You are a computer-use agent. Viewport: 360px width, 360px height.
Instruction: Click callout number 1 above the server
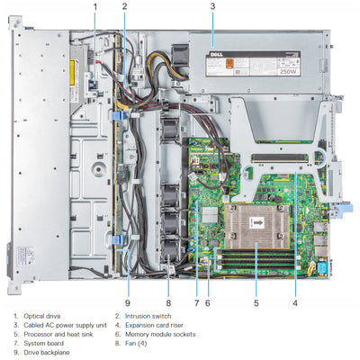[94, 6]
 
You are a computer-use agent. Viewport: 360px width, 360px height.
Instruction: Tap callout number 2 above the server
[124, 6]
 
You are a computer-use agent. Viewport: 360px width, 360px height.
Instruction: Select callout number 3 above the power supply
[212, 6]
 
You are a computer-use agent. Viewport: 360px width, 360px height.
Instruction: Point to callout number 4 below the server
[294, 302]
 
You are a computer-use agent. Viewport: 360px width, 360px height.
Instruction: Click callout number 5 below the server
[256, 302]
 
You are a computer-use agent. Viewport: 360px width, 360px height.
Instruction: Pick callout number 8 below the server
[168, 302]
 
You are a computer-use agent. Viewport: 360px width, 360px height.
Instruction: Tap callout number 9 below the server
[128, 302]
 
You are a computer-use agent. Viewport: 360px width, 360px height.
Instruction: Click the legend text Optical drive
[44, 316]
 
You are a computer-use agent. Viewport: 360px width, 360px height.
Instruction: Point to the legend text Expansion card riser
[157, 325]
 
